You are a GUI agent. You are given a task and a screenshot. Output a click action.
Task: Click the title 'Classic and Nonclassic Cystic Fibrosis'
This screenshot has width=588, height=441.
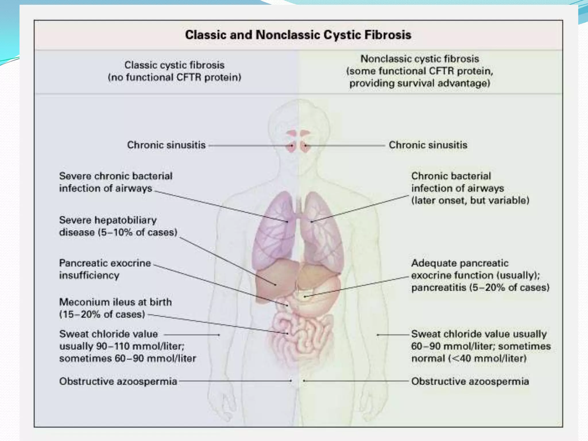[298, 35]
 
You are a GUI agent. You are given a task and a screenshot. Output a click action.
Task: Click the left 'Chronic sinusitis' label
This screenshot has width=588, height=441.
[166, 145]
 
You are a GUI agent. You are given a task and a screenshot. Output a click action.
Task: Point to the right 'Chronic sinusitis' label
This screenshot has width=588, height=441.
[428, 145]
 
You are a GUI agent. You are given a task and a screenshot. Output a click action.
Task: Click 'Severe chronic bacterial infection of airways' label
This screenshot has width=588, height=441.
[116, 182]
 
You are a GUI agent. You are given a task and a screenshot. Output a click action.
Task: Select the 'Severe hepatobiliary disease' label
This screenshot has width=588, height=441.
[118, 226]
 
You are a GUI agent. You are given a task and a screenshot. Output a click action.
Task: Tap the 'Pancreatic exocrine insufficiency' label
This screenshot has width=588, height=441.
[105, 269]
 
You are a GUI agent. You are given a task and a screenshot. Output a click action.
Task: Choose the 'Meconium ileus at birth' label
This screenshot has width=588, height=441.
[115, 308]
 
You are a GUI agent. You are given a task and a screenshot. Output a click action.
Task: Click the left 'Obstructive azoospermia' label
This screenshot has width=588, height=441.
[118, 381]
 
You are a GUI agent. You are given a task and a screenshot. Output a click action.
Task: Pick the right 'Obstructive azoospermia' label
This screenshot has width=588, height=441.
[470, 381]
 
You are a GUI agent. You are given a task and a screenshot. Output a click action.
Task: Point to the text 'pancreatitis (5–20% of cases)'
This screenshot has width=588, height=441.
[480, 287]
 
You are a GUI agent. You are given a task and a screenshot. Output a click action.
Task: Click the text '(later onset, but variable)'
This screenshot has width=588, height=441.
[470, 200]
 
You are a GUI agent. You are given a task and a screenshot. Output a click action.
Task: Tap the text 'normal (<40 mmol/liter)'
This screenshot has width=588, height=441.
[469, 358]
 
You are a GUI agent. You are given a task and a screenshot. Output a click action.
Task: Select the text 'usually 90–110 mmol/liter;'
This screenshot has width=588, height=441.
[122, 346]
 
